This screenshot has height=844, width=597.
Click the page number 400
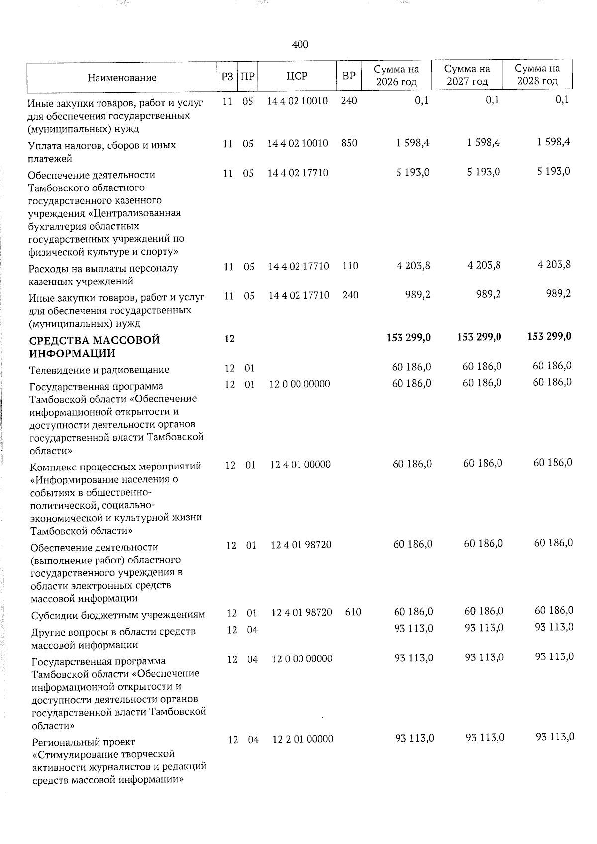300,45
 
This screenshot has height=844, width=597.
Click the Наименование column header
121,77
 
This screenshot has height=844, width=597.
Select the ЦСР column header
297,76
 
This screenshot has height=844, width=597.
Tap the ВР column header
349,76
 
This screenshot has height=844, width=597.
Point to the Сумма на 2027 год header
467,75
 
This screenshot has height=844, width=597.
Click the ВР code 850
349,143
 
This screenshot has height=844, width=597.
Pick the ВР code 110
350,266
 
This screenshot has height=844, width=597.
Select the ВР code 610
353,612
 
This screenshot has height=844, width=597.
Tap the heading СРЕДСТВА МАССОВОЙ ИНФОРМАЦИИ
95,347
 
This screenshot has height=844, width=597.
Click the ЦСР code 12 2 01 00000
303,739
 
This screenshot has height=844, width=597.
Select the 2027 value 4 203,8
484,265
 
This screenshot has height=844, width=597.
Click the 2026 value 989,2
417,295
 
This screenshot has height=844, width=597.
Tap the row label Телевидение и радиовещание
99,370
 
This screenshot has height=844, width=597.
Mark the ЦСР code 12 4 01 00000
300,465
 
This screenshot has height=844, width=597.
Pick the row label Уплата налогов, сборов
102,146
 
